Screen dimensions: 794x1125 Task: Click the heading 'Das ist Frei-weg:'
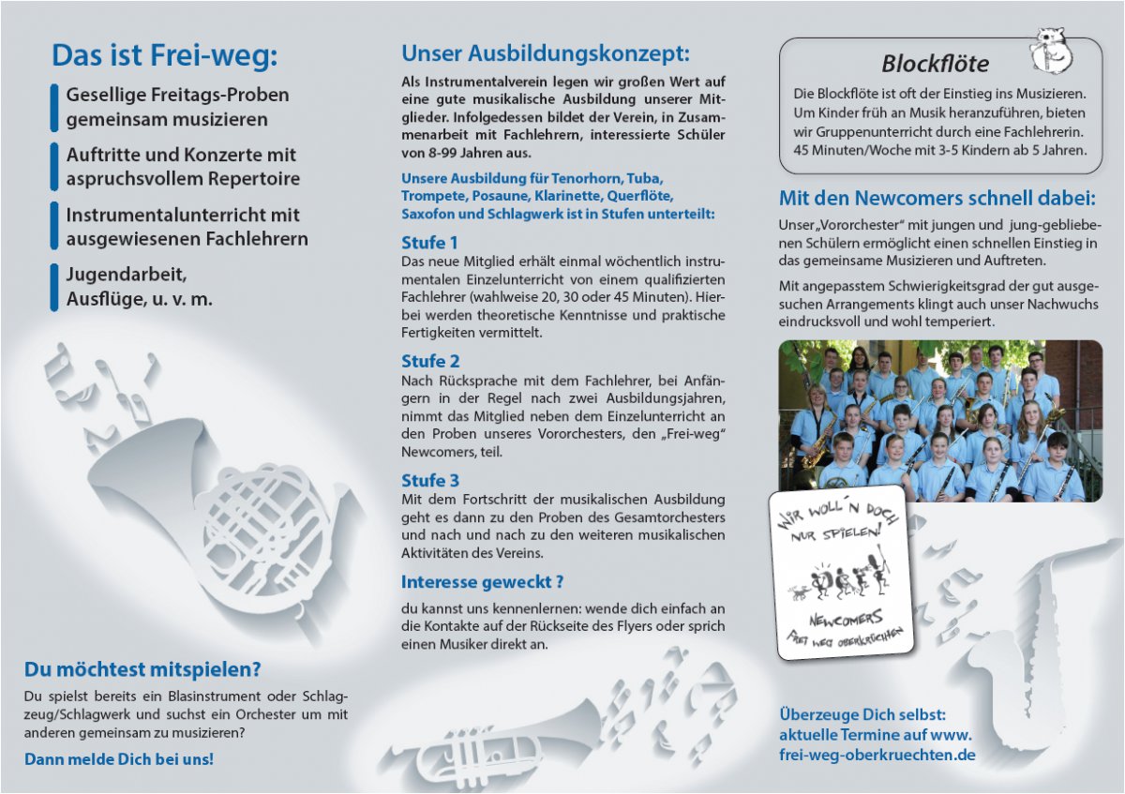tap(164, 55)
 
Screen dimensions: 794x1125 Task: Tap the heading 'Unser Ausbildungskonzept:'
tap(545, 53)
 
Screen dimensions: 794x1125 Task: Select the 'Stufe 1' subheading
tap(430, 243)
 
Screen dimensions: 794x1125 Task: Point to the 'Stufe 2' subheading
tap(430, 361)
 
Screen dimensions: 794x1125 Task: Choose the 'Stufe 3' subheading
tap(430, 481)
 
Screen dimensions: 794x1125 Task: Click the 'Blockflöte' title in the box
tap(935, 64)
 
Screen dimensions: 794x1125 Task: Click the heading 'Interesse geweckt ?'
tap(482, 582)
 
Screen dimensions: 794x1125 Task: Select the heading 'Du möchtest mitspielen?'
tap(142, 669)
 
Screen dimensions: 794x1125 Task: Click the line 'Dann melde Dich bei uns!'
tap(119, 759)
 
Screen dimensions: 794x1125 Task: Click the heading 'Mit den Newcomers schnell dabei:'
tap(937, 199)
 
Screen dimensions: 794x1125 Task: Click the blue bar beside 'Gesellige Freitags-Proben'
tap(54, 107)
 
